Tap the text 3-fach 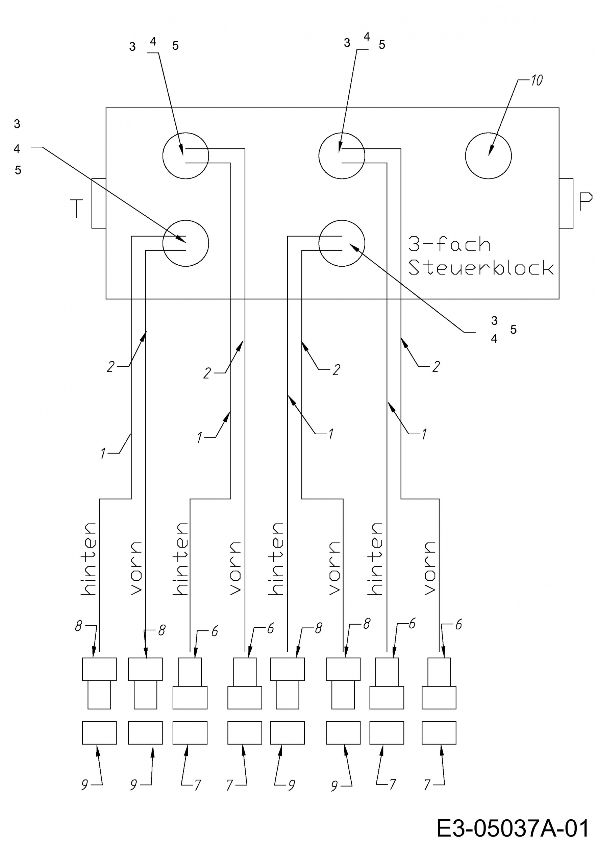[449, 244]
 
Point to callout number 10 [537, 80]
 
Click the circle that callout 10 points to [488, 156]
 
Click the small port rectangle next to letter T [99, 203]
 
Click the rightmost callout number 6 [458, 625]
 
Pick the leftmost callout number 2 [110, 366]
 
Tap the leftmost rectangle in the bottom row [99, 733]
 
